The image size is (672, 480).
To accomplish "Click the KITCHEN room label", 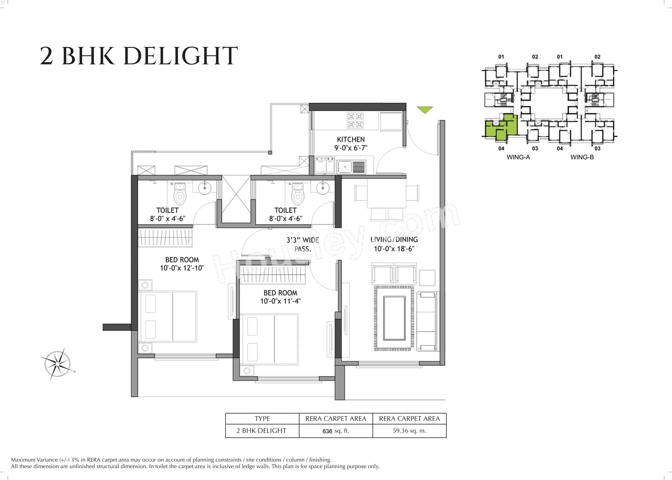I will point(351,140).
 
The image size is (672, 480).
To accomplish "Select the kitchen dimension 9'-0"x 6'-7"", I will point(351,148).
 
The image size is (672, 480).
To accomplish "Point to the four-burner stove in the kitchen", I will point(355,120).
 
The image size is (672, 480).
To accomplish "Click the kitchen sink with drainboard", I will point(351,167).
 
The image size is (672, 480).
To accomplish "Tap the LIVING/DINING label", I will point(394,239).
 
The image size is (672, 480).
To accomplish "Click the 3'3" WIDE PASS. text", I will point(303,244).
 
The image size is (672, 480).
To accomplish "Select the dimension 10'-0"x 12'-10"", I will point(182,268).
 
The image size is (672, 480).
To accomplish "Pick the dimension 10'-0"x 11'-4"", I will point(280,301).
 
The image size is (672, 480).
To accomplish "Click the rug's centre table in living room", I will point(394,318).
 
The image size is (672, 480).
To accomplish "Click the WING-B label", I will point(582,157).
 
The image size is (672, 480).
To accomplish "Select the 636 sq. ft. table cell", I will point(335,431).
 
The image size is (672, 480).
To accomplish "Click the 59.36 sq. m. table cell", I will point(409,431).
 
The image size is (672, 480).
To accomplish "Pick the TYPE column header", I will point(262,419).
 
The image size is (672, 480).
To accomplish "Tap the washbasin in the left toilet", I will point(204,188).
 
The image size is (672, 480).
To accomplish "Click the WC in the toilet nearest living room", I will point(298,194).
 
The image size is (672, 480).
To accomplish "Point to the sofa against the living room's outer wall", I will point(427,321).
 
